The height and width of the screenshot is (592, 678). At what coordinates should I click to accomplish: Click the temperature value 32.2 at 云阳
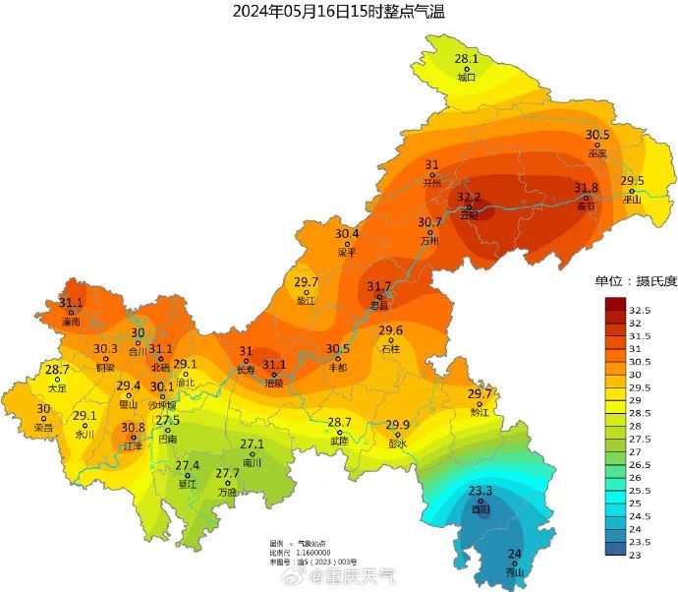click(469, 198)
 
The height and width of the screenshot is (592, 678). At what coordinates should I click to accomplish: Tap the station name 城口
click(467, 77)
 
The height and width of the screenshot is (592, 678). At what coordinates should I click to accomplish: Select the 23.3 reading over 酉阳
click(480, 491)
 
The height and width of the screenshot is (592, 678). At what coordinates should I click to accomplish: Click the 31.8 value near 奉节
click(586, 188)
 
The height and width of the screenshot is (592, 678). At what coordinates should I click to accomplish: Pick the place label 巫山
click(632, 199)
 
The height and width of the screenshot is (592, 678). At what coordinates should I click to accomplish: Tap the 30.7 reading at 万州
click(429, 222)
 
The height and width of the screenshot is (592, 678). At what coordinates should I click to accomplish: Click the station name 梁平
click(347, 252)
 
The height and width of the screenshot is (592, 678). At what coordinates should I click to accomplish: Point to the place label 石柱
click(391, 348)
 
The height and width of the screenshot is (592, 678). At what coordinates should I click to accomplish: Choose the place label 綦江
click(188, 484)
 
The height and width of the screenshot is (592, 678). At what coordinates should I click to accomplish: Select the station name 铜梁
click(105, 367)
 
